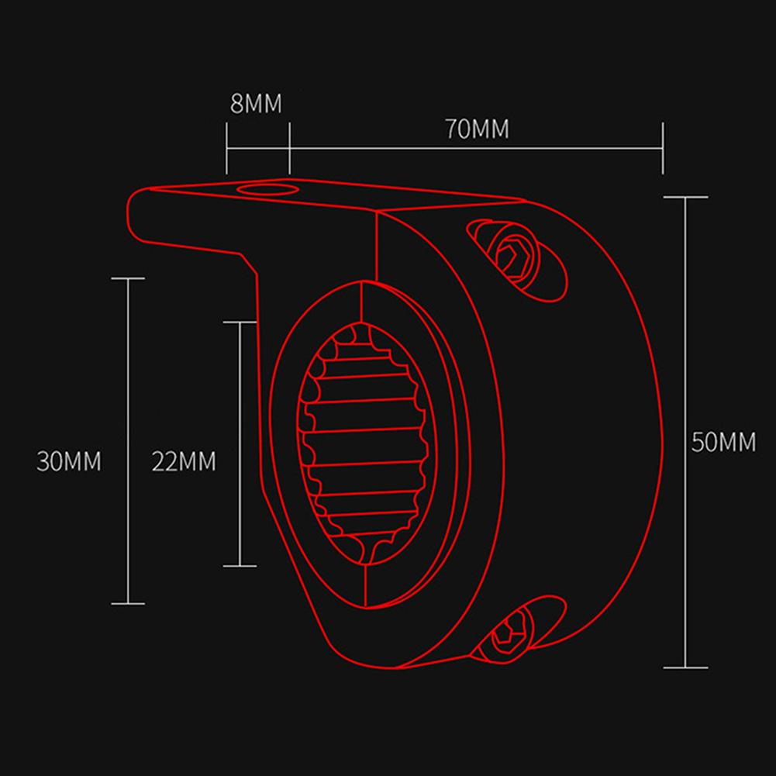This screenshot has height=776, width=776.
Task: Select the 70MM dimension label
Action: pos(477,129)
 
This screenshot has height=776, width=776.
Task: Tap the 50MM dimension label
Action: pos(723,443)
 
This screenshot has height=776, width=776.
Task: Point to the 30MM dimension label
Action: pos(69,461)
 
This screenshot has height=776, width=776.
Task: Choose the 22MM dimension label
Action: pos(184,461)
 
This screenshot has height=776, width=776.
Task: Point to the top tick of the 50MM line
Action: pos(686,197)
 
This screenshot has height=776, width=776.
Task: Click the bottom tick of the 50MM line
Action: pos(686,666)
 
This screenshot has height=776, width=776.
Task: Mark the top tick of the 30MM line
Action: pos(128,278)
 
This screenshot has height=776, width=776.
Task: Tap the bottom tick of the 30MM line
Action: pos(128,603)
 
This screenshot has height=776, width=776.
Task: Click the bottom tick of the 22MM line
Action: pos(240,566)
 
